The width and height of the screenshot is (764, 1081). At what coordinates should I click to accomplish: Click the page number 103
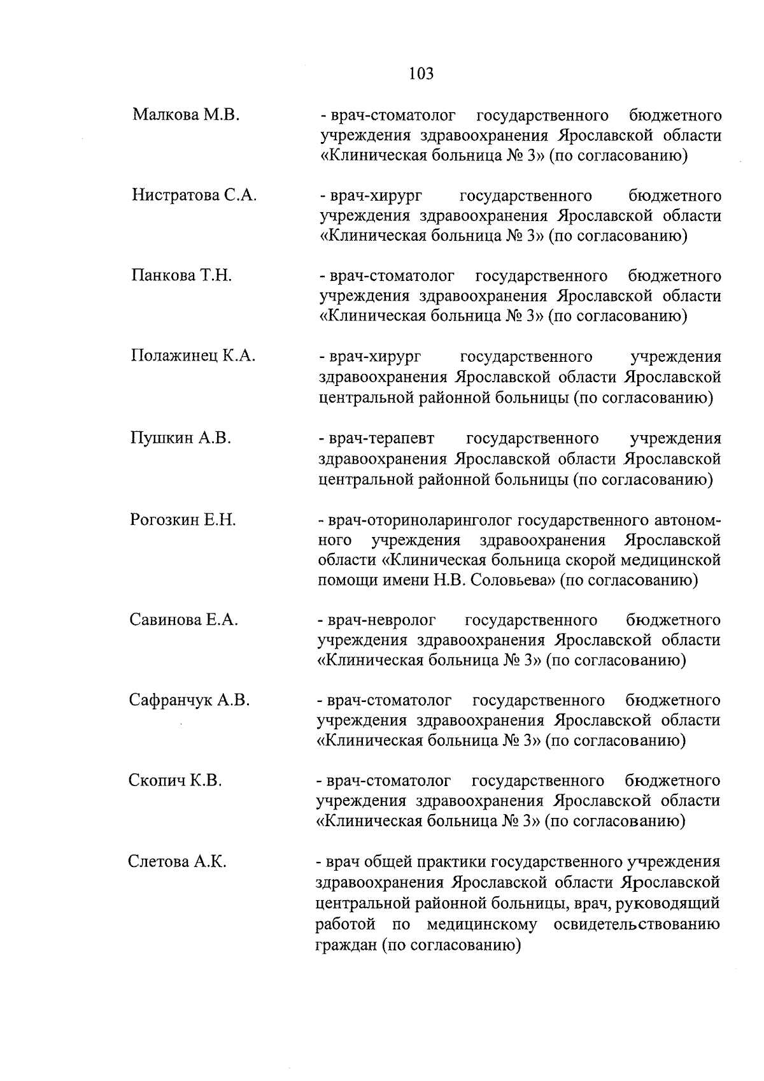coord(421,74)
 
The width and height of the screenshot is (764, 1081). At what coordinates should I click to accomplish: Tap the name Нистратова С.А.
coord(194,195)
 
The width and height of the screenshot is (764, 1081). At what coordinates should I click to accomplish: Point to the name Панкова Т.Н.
coord(181,276)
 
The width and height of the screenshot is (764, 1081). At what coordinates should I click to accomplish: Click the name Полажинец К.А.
coord(193,356)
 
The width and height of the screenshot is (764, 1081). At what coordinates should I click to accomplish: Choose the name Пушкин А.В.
coord(180,438)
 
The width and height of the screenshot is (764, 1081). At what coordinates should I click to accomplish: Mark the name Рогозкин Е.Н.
coord(183,520)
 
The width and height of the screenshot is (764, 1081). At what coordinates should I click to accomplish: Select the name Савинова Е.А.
coord(184,620)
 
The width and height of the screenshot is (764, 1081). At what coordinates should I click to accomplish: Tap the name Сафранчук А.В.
coord(189,701)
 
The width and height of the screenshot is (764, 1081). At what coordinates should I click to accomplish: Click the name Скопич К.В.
coord(175,781)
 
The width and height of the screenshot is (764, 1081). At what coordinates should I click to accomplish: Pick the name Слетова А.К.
coord(178,863)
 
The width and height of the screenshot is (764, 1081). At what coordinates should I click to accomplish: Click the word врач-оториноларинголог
coord(420,520)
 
